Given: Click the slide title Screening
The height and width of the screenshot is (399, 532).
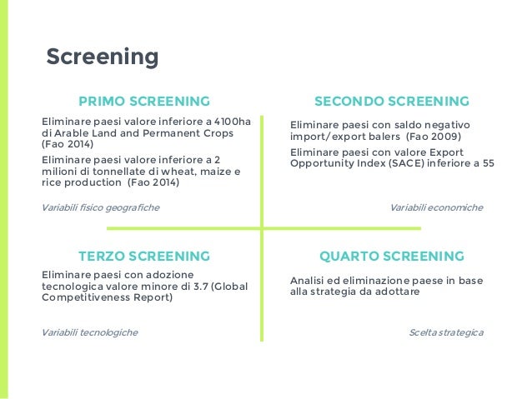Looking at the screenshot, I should (x=102, y=57).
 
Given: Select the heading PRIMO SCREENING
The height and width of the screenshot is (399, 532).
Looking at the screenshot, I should (x=143, y=102).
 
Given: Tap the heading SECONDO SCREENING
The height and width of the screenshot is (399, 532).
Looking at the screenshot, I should (x=391, y=102).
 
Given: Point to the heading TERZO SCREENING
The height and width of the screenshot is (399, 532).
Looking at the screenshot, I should (x=143, y=256).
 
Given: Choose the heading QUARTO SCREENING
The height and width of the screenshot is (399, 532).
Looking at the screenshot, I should (x=391, y=256).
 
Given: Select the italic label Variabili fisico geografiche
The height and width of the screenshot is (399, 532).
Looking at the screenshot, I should (x=100, y=207).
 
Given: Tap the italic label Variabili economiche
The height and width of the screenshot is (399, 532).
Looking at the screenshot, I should (x=436, y=207).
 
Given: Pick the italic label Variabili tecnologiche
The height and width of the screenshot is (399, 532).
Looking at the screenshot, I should (x=89, y=332).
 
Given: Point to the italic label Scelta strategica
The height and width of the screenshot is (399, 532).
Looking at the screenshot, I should (x=445, y=332).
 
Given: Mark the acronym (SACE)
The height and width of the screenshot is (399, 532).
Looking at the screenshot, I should (x=402, y=163).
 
